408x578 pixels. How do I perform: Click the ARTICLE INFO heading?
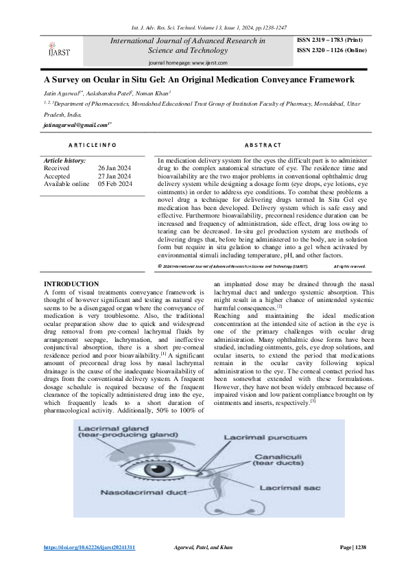[x=93, y=145]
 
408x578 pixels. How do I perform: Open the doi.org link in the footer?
[x=89, y=548]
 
